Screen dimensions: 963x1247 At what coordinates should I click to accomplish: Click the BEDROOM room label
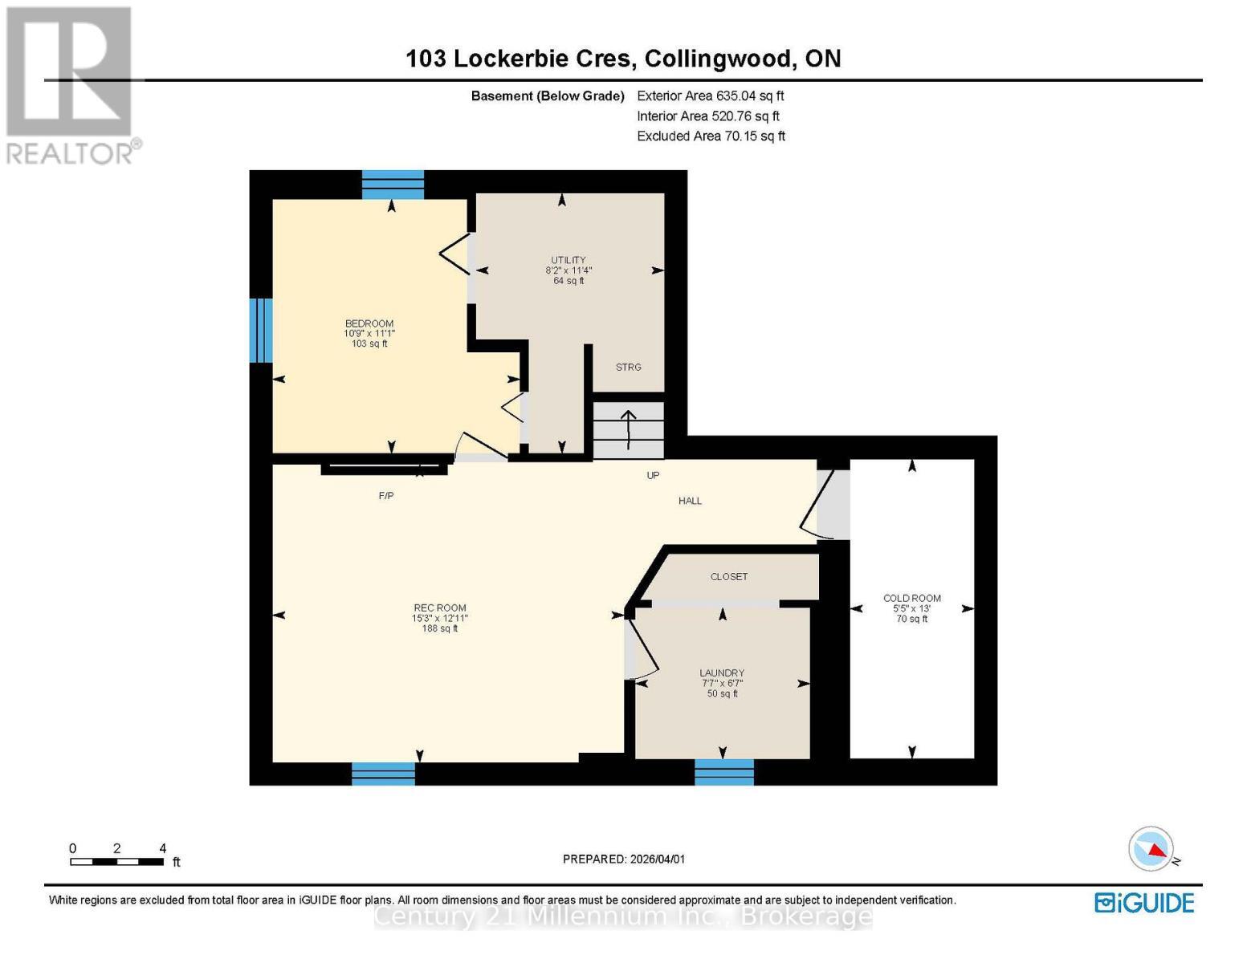[x=369, y=324]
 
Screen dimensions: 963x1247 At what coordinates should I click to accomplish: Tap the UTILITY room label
[x=568, y=260]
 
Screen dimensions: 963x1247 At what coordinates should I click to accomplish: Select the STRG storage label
[x=628, y=367]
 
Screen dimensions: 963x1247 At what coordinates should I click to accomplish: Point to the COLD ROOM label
[x=911, y=598]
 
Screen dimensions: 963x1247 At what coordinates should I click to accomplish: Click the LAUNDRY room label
[x=721, y=673]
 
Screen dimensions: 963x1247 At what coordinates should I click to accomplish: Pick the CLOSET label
[x=728, y=577]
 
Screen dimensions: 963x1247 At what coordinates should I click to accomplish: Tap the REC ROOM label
[x=439, y=608]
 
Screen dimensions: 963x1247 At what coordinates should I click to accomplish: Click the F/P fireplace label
[x=386, y=496]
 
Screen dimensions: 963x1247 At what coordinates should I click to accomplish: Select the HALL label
[x=690, y=501]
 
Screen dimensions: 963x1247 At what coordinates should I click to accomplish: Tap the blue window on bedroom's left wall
[x=261, y=330]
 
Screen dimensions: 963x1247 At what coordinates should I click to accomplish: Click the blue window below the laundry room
[x=723, y=772]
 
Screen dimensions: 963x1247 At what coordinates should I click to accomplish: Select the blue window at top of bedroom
[x=392, y=185]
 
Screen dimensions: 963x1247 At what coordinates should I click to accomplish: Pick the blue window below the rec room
[x=383, y=774]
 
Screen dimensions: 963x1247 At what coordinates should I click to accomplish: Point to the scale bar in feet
[x=116, y=862]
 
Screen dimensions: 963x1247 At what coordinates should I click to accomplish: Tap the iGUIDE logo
[x=1144, y=903]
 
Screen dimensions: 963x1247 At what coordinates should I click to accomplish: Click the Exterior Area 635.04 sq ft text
[x=710, y=95]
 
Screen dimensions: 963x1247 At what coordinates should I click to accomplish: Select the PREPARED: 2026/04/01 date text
[x=623, y=859]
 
